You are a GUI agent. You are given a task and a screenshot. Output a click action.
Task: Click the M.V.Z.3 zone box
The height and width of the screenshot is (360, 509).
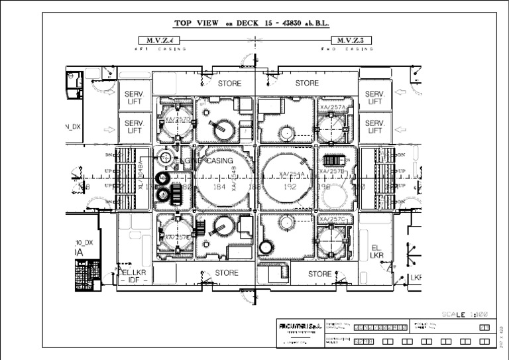353,40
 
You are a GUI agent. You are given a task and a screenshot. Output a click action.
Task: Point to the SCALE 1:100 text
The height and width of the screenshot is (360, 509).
465,314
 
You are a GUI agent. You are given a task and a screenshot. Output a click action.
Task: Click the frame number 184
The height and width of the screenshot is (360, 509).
219,188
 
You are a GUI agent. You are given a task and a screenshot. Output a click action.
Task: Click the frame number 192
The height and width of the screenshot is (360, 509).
289,188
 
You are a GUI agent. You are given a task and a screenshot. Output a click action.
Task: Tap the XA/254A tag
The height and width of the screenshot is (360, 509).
292,175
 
